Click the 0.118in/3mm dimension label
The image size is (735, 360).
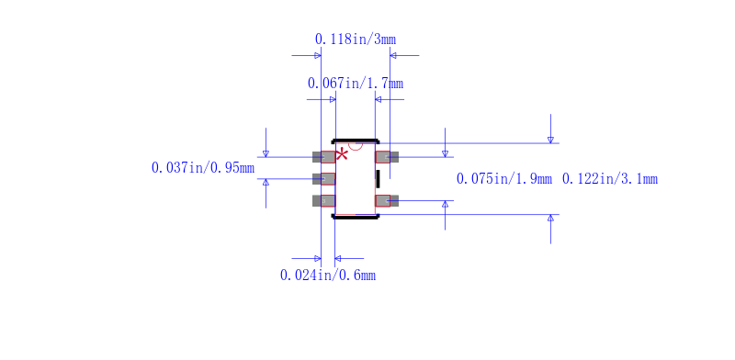point(356,39)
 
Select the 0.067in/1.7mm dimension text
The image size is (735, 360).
point(356,84)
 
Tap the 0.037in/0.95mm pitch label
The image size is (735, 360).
point(203,167)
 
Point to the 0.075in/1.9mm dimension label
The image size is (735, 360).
point(504,178)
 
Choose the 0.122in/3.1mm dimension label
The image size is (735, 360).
point(610,178)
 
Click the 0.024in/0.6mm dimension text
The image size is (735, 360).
point(328,276)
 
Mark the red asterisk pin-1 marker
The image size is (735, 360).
point(342,154)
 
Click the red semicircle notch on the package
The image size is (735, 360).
point(356,147)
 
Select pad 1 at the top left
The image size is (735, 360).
point(324,157)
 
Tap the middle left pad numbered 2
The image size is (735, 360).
point(324,178)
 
